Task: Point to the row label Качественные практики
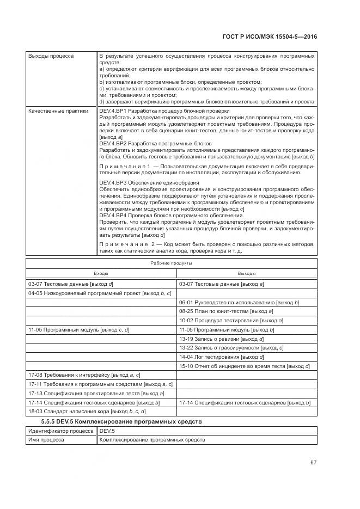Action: pyautogui.click(x=58, y=111)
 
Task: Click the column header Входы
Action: pyautogui.click(x=101, y=273)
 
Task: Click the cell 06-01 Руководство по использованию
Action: pyautogui.click(x=239, y=302)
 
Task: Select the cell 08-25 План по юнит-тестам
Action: pyautogui.click(x=226, y=311)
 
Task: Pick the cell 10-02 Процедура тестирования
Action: pyautogui.click(x=231, y=321)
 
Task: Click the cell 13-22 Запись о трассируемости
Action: pyautogui.click(x=231, y=348)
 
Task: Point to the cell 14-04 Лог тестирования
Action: pyautogui.click(x=222, y=357)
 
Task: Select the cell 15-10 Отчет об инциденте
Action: pyautogui.click(x=245, y=366)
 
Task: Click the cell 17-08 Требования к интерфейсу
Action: pyautogui.click(x=84, y=375)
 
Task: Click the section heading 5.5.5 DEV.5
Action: pyautogui.click(x=121, y=422)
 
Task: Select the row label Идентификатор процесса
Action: pyautogui.click(x=61, y=431)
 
